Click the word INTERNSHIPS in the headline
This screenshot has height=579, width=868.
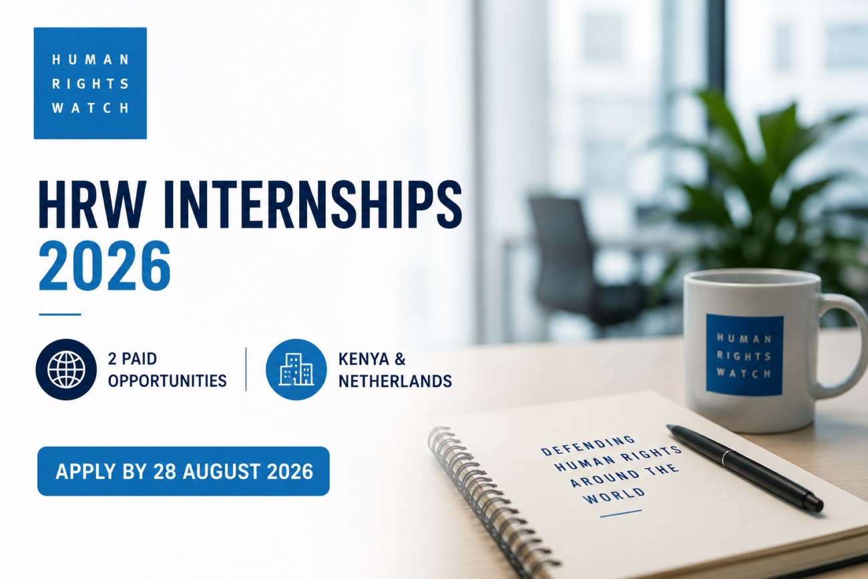click(313, 204)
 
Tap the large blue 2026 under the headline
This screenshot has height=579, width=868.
click(105, 266)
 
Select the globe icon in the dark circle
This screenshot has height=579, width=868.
click(66, 369)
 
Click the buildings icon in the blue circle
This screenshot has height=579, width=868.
click(296, 369)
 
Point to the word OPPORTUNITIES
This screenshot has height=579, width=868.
click(168, 381)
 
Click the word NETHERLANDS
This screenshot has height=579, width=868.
click(395, 381)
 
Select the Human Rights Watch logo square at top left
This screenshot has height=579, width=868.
click(90, 83)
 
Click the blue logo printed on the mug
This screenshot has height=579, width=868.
click(744, 355)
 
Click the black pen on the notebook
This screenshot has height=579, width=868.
click(744, 467)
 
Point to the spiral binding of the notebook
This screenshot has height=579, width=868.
click(492, 504)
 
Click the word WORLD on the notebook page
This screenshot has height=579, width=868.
click(614, 496)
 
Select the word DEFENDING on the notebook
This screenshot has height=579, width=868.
click(588, 445)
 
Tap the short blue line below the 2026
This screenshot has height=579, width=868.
click(60, 315)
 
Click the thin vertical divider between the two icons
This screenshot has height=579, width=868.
click(246, 369)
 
